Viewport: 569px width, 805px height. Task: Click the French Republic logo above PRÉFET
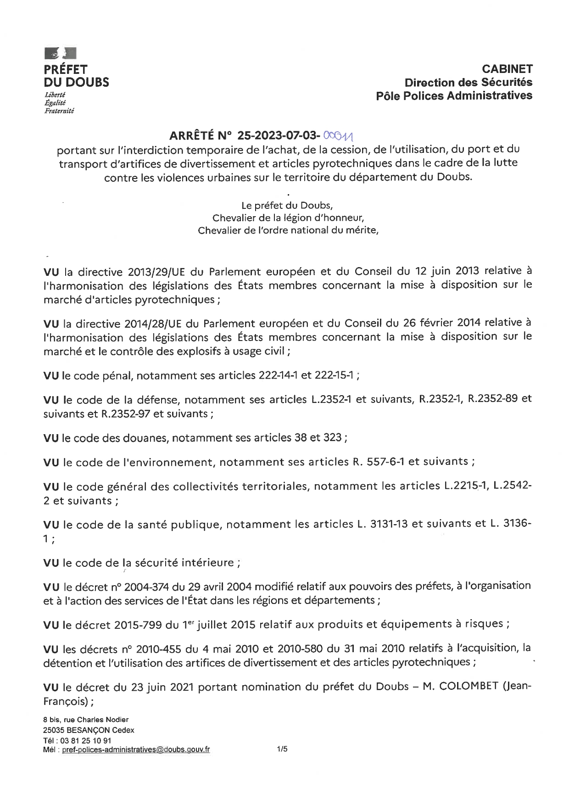(x=60, y=53)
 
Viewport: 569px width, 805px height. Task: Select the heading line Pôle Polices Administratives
(x=454, y=96)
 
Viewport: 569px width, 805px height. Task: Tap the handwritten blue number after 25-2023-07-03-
(x=340, y=135)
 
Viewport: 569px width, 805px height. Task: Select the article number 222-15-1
(x=334, y=376)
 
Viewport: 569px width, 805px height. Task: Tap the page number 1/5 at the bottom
(x=282, y=749)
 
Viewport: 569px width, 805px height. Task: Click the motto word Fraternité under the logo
(x=59, y=111)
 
